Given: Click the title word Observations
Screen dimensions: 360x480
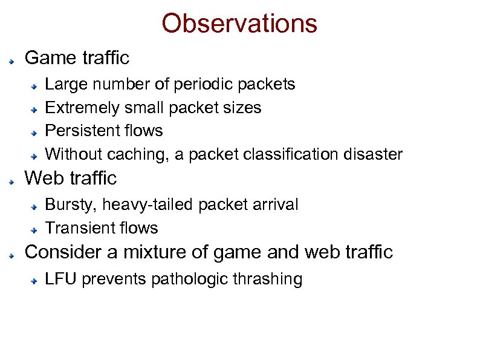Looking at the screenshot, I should [239, 24].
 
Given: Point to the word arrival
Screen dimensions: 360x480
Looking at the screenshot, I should [277, 205].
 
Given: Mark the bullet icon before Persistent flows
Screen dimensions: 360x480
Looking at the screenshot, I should [36, 132].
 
